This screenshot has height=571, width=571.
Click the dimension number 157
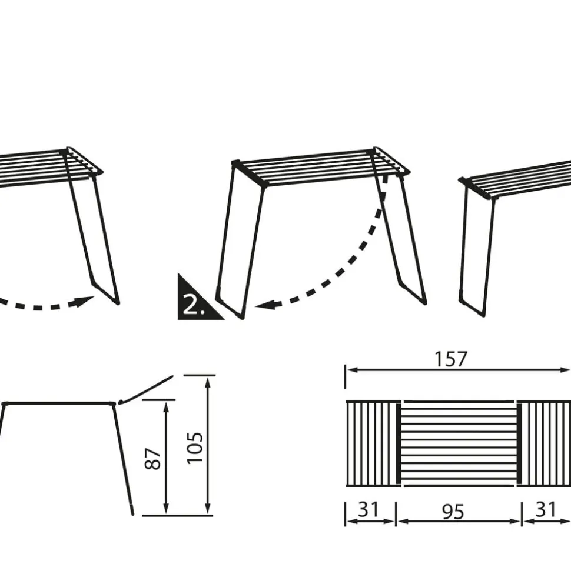click(450, 359)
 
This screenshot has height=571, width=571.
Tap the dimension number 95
click(453, 512)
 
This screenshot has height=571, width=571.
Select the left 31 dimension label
click(369, 509)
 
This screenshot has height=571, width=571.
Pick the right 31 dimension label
click(546, 509)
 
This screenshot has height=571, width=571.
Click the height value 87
click(153, 459)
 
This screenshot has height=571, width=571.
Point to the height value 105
click(195, 448)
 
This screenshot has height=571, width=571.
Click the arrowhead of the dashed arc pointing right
click(85, 301)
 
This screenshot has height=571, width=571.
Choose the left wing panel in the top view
click(372, 443)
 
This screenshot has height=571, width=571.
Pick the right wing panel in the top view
click(544, 443)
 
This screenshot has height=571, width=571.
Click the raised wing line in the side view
click(145, 389)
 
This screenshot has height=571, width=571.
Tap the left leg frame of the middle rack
click(240, 242)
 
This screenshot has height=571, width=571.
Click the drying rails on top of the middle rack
click(321, 167)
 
